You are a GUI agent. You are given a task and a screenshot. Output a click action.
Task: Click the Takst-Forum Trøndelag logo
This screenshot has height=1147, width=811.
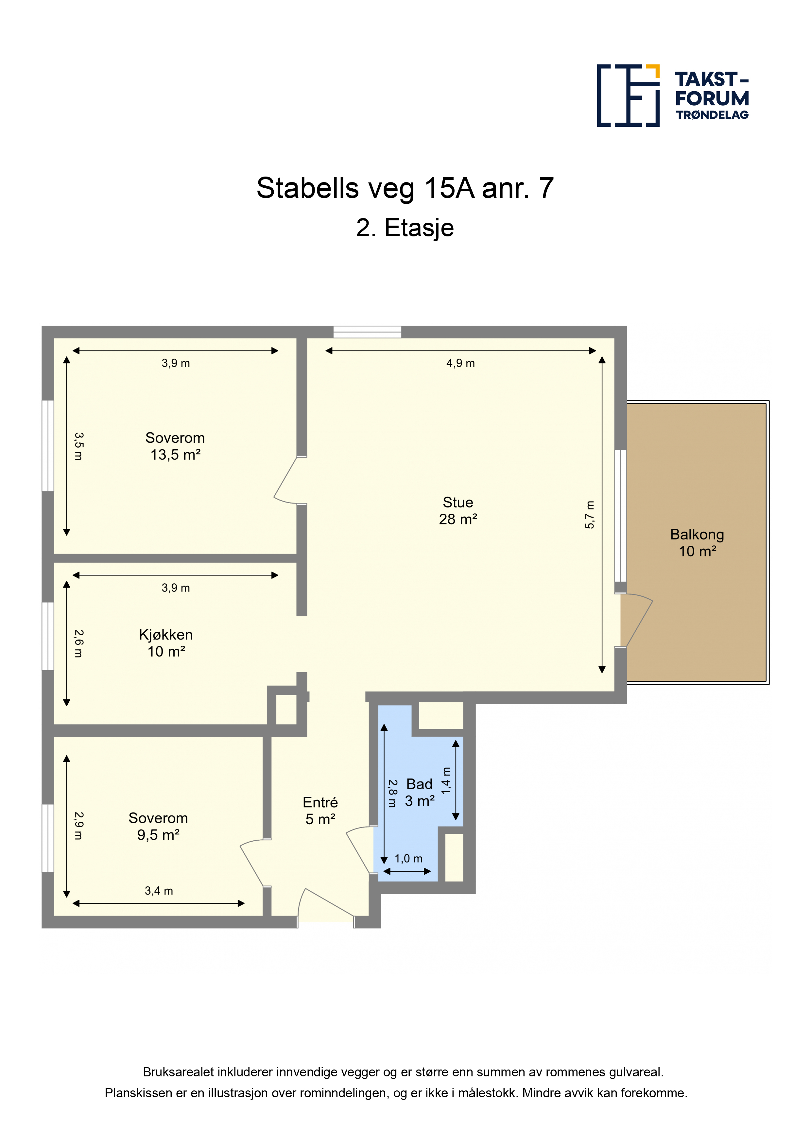673,95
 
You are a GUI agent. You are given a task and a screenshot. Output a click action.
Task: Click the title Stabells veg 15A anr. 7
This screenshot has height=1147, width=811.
405,188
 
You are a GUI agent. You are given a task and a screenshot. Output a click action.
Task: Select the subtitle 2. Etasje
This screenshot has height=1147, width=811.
405,228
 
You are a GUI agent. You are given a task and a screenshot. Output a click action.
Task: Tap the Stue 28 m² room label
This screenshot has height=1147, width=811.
458,510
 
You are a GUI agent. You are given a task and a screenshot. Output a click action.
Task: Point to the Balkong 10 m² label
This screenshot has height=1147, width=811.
697,542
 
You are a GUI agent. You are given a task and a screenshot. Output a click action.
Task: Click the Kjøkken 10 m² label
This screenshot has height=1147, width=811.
166,643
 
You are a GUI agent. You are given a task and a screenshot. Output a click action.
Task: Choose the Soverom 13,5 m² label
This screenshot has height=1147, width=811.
175,446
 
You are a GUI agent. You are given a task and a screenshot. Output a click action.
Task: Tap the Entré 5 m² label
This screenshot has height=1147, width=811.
320,811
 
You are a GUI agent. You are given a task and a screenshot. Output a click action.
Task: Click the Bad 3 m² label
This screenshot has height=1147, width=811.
419,793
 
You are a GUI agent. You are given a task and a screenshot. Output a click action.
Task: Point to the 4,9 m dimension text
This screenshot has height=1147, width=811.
460,363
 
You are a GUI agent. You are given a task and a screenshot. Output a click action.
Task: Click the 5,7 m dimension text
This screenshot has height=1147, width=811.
590,515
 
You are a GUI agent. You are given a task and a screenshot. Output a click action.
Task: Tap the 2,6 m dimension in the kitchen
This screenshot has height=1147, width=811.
78,643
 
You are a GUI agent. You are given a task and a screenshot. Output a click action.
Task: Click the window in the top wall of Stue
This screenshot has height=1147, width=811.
367,332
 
